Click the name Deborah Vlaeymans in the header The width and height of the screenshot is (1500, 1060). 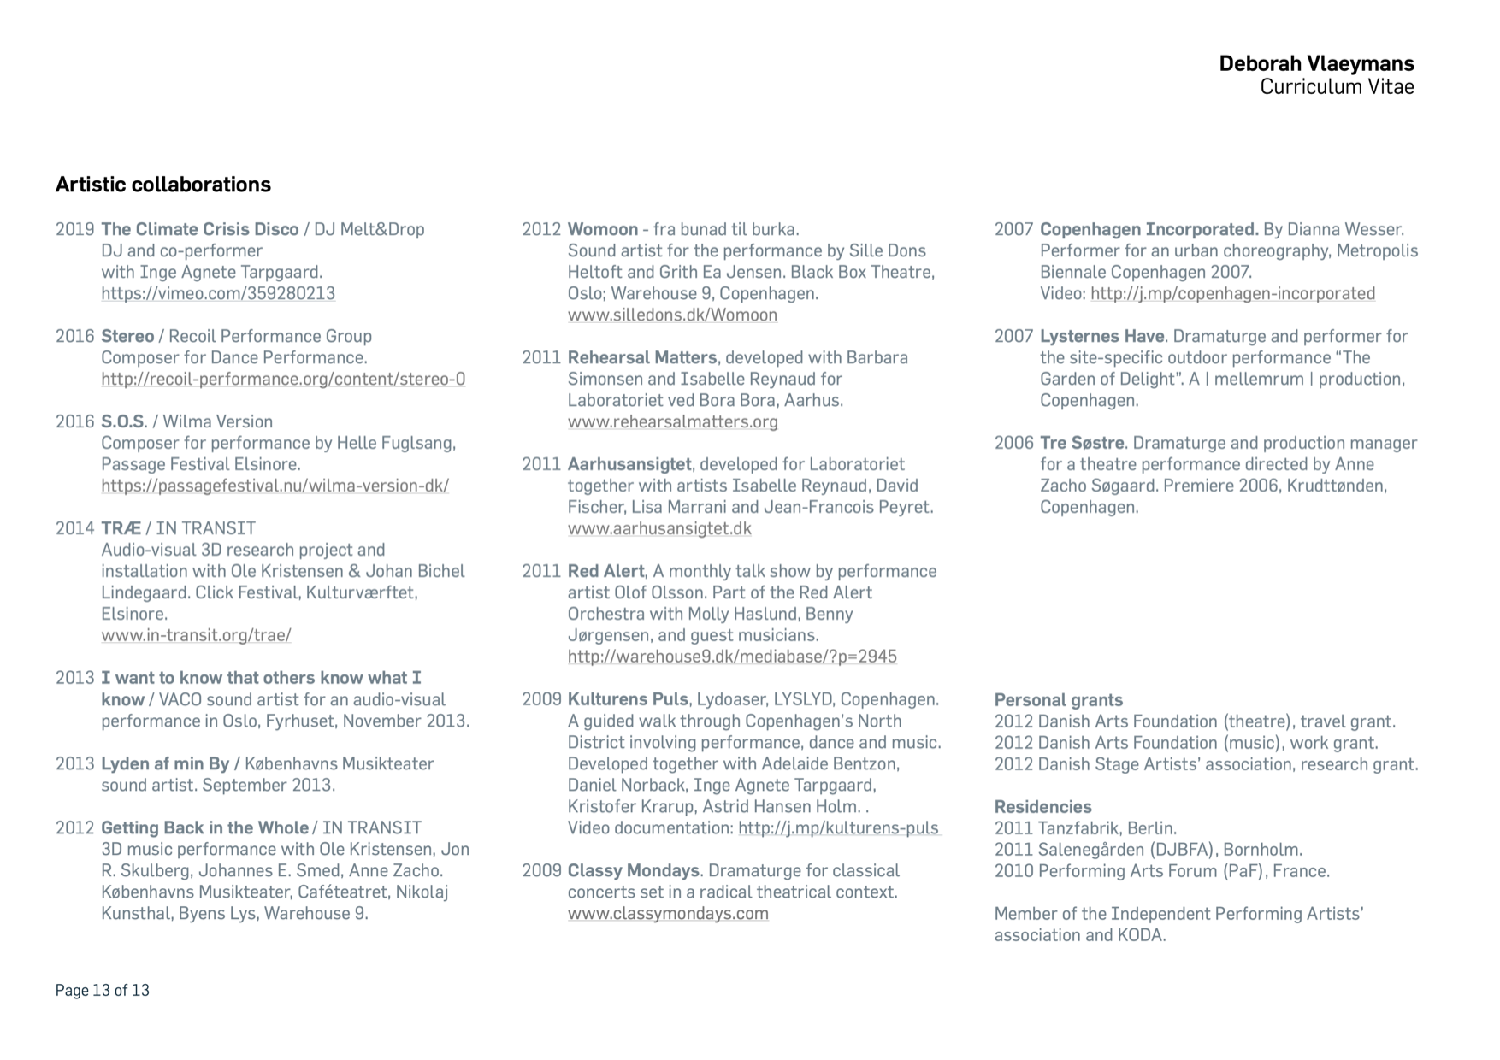pyautogui.click(x=1316, y=63)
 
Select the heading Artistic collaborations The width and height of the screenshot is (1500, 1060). pyautogui.click(x=163, y=185)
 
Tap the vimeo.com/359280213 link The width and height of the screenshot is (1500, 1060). pyautogui.click(x=218, y=293)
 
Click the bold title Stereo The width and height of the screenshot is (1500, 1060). pyautogui.click(x=127, y=336)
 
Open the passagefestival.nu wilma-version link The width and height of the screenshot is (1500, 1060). pyautogui.click(x=275, y=486)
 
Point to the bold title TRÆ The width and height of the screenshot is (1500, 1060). pyautogui.click(x=121, y=528)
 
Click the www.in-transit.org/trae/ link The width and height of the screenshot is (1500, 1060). pyautogui.click(x=196, y=635)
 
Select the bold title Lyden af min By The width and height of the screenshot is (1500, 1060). pyautogui.click(x=165, y=763)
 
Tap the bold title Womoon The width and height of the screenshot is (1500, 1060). pyautogui.click(x=602, y=229)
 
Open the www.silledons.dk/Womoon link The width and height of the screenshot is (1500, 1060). pyautogui.click(x=672, y=315)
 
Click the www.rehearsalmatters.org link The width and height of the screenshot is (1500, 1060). pyautogui.click(x=673, y=421)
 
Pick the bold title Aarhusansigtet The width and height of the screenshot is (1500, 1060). pyautogui.click(x=629, y=464)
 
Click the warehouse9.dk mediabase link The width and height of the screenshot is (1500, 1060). pyautogui.click(x=732, y=657)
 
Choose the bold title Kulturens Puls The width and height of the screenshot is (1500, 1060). pyautogui.click(x=627, y=699)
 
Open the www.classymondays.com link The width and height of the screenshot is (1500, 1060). pyautogui.click(x=668, y=913)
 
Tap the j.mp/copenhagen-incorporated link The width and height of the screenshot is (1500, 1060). pyautogui.click(x=1232, y=293)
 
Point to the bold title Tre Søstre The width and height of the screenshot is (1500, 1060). pyautogui.click(x=1082, y=443)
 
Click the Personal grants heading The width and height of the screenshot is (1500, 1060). pyautogui.click(x=1058, y=700)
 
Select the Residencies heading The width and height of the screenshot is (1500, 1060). pyautogui.click(x=1042, y=807)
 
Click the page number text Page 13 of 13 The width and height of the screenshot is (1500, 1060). pyautogui.click(x=103, y=990)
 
